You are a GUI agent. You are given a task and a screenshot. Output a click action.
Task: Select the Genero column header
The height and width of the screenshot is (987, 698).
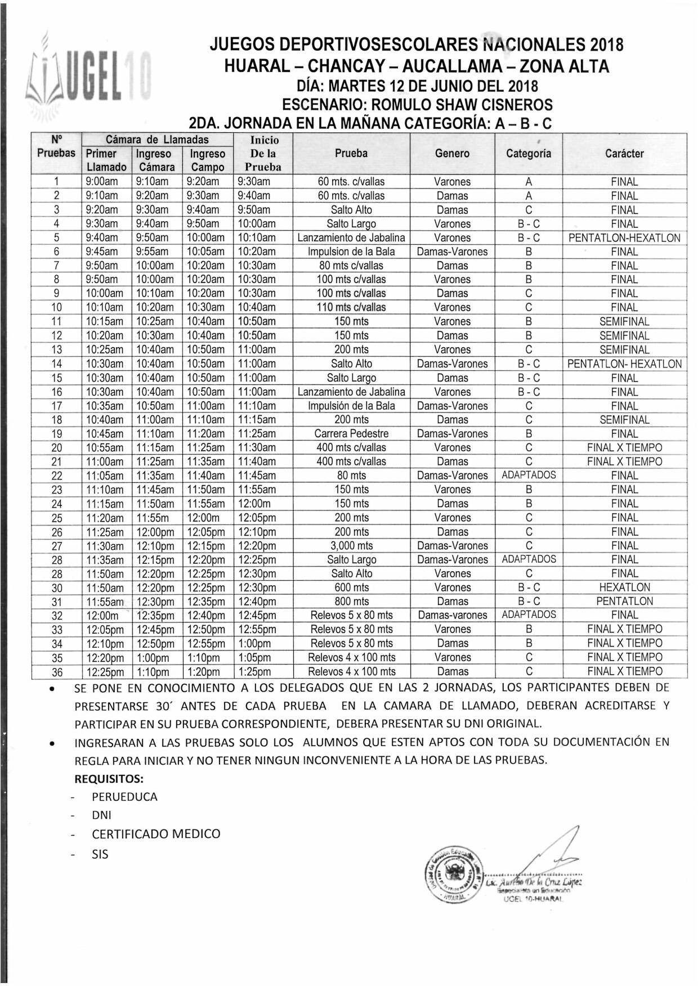coord(452,153)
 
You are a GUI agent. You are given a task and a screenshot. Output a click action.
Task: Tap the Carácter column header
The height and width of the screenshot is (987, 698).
coord(624,153)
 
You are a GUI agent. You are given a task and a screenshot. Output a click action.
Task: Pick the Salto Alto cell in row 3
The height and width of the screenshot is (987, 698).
coord(351,210)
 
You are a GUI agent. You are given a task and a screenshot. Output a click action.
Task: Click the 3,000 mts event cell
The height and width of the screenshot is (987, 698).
coord(351,545)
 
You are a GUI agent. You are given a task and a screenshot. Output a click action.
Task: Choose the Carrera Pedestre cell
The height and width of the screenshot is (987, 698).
coord(351,434)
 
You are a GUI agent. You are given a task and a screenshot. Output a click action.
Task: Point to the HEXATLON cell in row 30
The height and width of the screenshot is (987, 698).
coord(624,587)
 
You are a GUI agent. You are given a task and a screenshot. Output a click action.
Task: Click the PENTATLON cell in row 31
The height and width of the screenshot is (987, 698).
coord(624,601)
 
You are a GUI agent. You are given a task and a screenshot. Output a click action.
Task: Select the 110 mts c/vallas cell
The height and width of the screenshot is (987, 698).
coord(351,307)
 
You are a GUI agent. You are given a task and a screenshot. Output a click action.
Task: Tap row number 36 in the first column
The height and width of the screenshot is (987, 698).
coord(57,672)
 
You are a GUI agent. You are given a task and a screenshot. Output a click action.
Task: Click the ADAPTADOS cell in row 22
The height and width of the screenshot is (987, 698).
coord(529,475)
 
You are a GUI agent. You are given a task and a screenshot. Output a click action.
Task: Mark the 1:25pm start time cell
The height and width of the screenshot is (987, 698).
coord(254,672)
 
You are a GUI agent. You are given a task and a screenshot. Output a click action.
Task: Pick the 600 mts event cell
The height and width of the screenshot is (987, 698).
coord(351,587)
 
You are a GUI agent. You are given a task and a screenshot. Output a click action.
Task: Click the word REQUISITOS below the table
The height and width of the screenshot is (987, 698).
coord(109,779)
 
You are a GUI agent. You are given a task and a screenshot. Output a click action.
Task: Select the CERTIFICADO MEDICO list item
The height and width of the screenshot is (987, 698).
coord(156,834)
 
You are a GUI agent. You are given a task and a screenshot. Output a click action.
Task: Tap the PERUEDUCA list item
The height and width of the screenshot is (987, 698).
coord(124,797)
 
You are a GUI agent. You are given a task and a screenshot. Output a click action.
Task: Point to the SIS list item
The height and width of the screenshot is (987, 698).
coord(100,854)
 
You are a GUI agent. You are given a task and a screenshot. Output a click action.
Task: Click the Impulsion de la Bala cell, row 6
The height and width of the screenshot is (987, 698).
coord(351,252)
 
